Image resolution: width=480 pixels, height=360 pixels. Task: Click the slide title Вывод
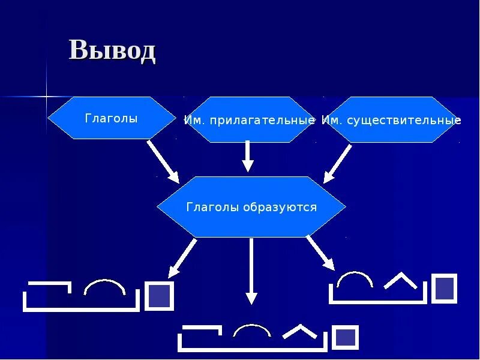112,50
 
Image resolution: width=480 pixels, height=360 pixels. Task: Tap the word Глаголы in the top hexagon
111,119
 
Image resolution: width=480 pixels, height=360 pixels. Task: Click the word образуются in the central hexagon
280,208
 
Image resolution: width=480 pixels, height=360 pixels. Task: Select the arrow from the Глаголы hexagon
163,161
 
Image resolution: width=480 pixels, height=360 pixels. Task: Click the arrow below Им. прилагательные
247,157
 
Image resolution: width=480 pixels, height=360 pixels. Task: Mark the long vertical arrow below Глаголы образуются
251,270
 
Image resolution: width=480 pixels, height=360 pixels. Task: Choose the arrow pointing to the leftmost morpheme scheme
182,257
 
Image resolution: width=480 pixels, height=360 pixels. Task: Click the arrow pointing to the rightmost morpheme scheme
320,251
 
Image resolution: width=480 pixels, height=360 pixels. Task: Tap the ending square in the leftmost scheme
160,296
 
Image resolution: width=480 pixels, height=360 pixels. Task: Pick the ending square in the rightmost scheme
445,287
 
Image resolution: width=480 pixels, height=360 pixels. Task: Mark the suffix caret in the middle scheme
299,331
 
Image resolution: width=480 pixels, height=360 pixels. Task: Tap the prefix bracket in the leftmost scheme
48,288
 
